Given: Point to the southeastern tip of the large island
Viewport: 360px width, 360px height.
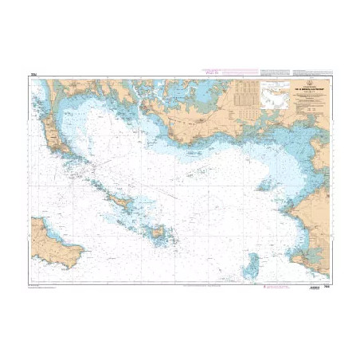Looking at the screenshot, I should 80,262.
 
